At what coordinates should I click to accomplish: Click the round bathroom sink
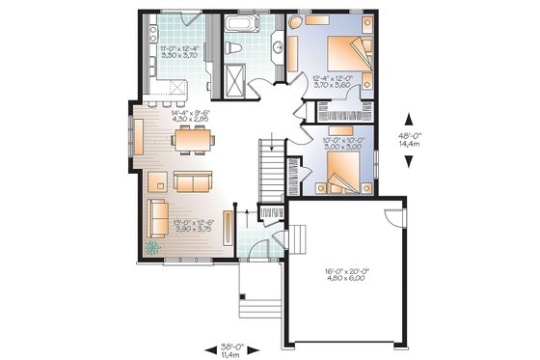[x=279, y=43]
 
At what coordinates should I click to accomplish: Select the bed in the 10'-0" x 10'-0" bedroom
[x=339, y=174]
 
